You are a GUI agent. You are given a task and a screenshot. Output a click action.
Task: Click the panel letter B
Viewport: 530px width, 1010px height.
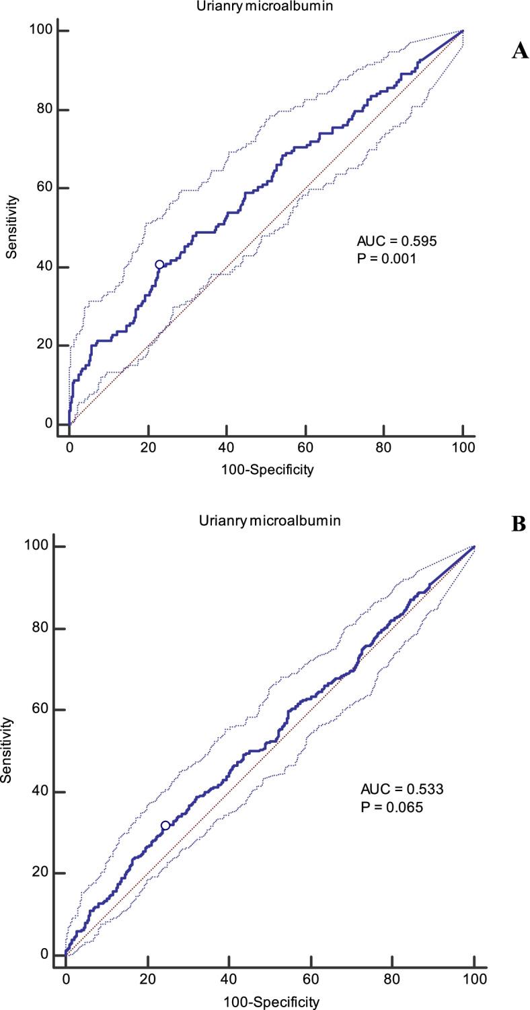point(519,525)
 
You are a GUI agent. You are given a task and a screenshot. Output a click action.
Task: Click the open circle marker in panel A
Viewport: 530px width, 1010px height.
point(159,265)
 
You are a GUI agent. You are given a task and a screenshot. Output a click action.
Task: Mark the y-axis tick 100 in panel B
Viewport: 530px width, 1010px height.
point(42,547)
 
